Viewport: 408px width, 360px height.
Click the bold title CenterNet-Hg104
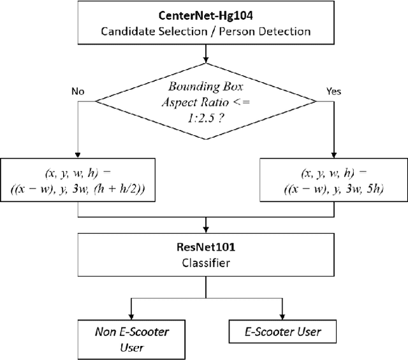click(x=205, y=14)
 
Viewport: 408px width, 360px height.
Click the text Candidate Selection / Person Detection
click(x=205, y=30)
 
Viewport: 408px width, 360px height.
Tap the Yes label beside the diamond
click(x=333, y=92)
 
